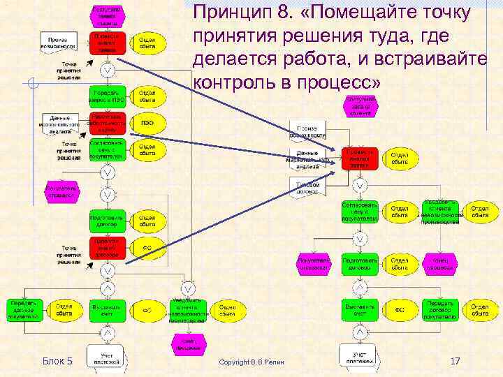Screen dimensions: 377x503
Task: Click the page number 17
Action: [x=455, y=361]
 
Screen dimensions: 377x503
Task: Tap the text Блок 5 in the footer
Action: [x=57, y=361]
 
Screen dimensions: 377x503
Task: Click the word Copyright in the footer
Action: [x=237, y=362]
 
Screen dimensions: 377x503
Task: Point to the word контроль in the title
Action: [x=234, y=82]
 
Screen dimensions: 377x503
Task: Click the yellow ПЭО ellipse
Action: [x=147, y=123]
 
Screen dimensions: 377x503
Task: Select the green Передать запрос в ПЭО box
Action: [x=108, y=96]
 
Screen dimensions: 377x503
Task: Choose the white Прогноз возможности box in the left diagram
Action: [x=59, y=40]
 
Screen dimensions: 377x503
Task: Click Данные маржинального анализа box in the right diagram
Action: [x=307, y=160]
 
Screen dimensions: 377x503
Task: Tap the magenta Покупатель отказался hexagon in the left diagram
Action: [x=61, y=193]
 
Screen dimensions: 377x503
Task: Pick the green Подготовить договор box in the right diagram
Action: [x=360, y=264]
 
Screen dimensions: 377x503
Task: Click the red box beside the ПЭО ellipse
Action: [x=108, y=123]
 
